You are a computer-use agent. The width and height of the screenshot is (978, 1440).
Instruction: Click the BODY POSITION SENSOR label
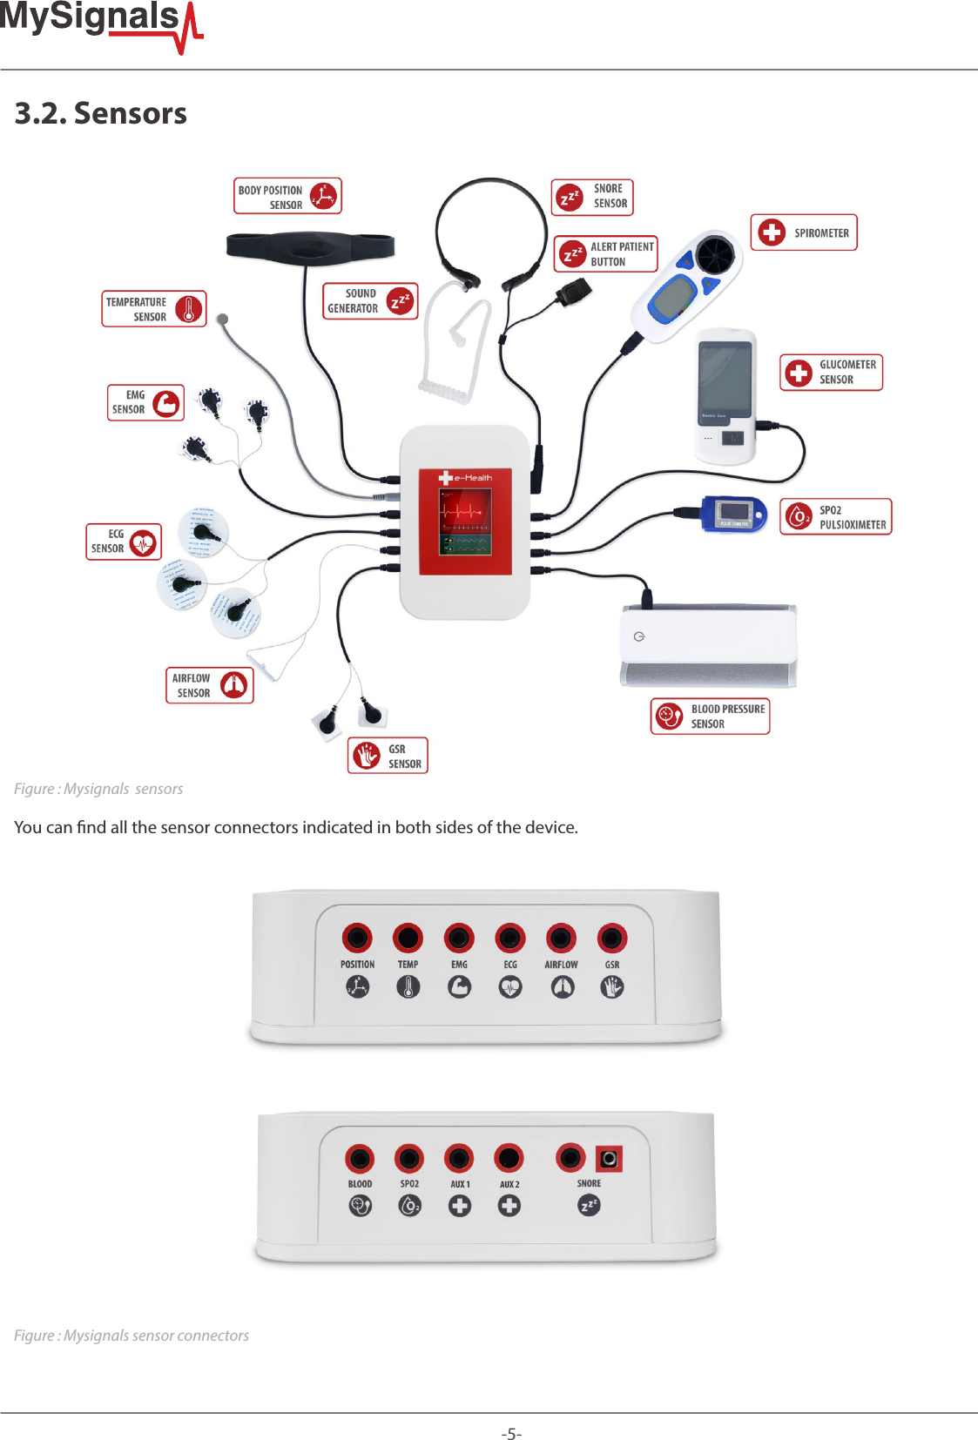287,197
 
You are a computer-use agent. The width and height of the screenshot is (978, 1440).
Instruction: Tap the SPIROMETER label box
804,232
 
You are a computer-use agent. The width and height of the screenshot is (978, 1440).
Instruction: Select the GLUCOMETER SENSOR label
831,372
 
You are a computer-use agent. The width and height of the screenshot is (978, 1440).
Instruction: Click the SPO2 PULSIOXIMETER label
835,516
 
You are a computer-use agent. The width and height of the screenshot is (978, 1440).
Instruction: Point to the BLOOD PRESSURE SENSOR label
710,716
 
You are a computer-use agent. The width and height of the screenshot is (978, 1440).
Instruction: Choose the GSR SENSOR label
388,756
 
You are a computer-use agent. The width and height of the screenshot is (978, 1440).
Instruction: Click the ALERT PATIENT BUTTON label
605,253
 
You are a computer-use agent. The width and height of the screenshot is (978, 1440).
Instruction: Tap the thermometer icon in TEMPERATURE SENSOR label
188,309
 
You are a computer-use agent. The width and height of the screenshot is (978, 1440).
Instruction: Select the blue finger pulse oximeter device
733,514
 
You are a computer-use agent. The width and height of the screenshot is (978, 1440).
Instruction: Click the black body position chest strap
309,246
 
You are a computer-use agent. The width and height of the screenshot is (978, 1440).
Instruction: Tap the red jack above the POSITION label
357,938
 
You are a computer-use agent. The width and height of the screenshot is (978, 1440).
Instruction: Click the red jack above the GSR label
612,938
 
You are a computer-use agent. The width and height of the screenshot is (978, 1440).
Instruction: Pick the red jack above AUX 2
509,1158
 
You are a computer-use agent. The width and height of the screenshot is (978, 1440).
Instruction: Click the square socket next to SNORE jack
609,1159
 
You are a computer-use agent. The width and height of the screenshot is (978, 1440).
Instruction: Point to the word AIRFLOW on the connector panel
561,965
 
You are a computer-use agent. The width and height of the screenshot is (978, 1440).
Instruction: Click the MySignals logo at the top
100,22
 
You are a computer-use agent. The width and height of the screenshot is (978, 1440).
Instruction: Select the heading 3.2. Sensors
101,113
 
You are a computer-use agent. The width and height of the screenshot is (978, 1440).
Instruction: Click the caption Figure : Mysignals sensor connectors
132,1336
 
